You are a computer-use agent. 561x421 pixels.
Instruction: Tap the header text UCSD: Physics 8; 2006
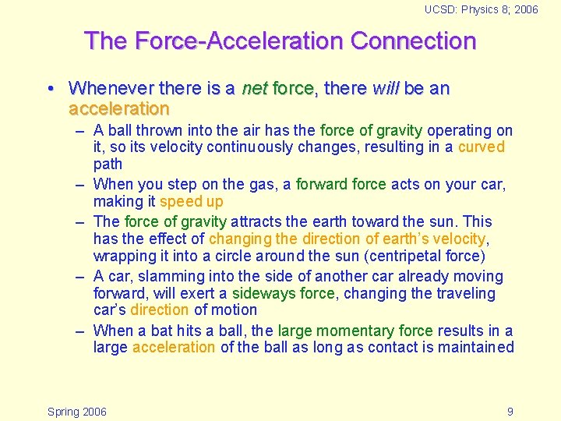pos(481,9)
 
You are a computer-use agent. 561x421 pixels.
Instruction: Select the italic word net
pos(254,89)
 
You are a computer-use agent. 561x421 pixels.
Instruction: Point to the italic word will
pos(385,89)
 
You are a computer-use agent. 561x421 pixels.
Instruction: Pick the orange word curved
pos(481,147)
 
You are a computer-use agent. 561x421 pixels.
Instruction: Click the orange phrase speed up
pos(191,202)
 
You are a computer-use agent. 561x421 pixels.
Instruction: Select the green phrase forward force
pos(340,185)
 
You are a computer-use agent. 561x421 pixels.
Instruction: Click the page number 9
pos(510,412)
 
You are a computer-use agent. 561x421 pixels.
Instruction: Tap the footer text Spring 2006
pos(77,412)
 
